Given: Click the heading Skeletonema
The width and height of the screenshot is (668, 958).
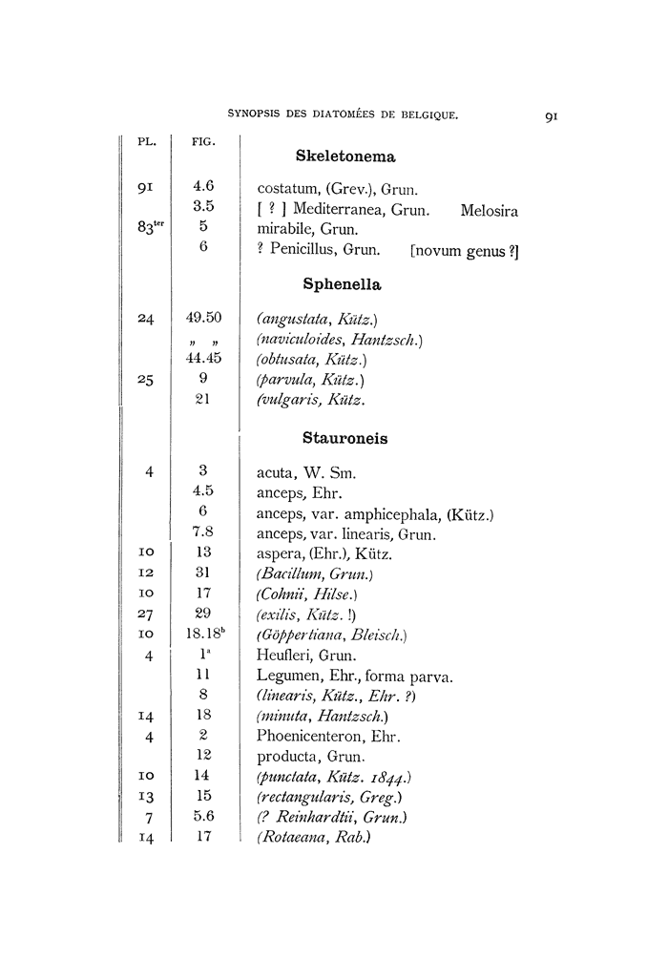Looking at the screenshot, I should (345, 156).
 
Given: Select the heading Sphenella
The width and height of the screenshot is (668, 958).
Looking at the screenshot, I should (342, 284).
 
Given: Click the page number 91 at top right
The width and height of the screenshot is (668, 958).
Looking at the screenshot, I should (551, 116).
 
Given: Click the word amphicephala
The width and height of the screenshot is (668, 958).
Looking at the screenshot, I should (392, 514).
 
